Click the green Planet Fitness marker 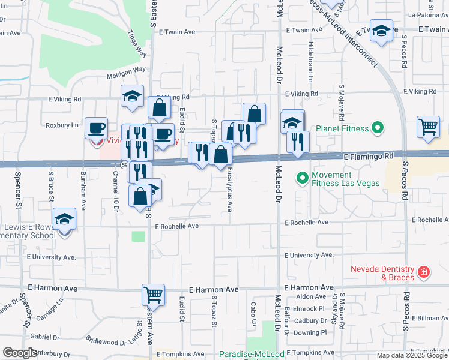point(377,127)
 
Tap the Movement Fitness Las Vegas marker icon point(301,178)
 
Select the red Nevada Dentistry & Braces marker point(424,272)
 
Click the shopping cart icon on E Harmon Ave point(153,295)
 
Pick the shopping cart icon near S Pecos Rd point(429,127)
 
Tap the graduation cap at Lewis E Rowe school point(64,219)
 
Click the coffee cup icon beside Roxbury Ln point(96,128)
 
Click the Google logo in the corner point(20,353)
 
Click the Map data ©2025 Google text point(412,355)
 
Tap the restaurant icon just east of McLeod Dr point(298,142)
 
